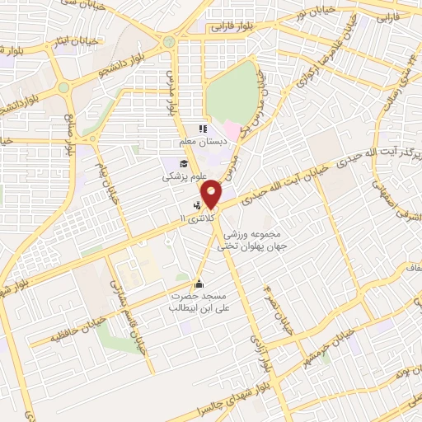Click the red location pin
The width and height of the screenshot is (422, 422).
tap(213, 194)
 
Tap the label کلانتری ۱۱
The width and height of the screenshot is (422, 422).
tap(196, 218)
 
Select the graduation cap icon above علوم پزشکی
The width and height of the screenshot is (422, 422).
tap(184, 163)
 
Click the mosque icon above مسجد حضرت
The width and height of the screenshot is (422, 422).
tap(197, 284)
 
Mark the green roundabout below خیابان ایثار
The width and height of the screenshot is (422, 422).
tap(63, 87)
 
